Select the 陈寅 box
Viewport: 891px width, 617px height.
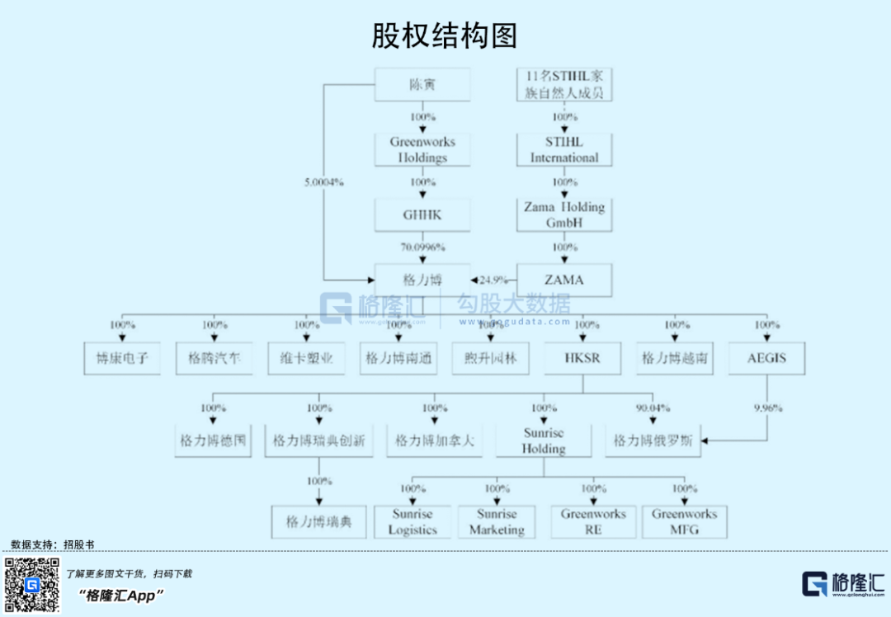(x=422, y=84)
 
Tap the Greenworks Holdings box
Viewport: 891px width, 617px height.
(x=422, y=149)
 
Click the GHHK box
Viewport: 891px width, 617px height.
(x=422, y=214)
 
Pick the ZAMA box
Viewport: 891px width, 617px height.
(x=564, y=280)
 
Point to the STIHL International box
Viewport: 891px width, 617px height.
(x=564, y=149)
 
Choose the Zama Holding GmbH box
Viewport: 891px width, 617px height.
(x=564, y=214)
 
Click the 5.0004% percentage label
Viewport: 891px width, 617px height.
(x=323, y=181)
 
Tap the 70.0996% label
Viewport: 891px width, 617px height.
(x=422, y=247)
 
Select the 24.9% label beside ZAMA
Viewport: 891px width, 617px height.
(x=493, y=280)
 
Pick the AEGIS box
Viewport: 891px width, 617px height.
(x=766, y=359)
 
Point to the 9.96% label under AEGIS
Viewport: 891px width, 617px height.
(x=766, y=407)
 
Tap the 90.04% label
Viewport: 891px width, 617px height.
(x=653, y=407)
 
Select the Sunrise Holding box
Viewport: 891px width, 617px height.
(x=544, y=440)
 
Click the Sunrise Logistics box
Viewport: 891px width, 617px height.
(x=412, y=521)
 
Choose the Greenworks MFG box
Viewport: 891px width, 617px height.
(x=685, y=521)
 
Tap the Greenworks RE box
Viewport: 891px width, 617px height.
(x=593, y=521)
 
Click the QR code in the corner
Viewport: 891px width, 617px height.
(x=32, y=585)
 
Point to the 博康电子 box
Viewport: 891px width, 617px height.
(x=122, y=359)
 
